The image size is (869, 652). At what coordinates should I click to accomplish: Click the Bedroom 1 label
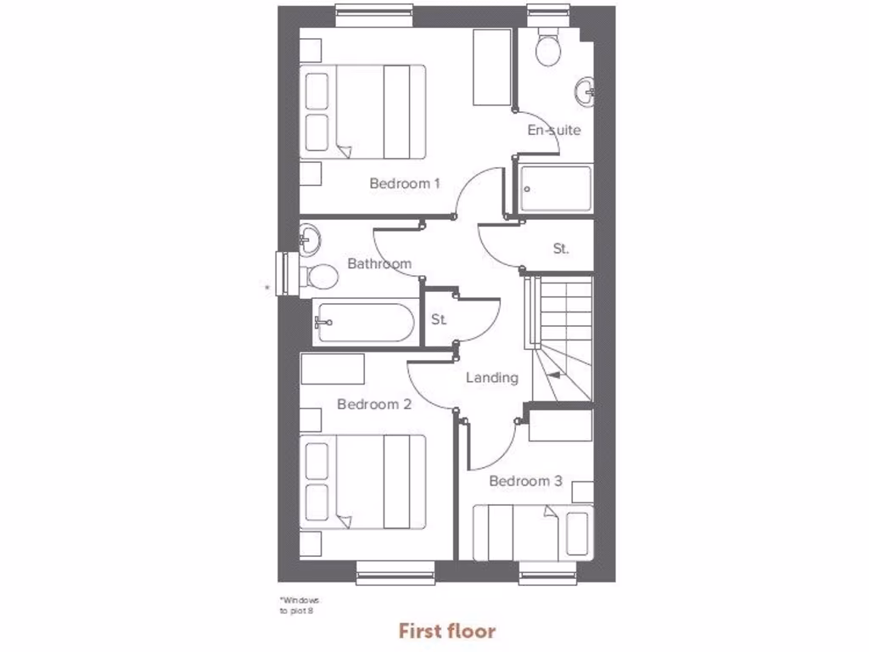click(404, 183)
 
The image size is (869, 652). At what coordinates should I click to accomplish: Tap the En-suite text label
click(554, 131)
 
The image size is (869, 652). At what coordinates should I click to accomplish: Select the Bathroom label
click(379, 264)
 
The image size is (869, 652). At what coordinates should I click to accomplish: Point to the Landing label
click(492, 378)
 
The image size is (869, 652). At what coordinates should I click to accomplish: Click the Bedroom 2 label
click(374, 405)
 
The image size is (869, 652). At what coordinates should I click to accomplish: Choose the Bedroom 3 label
click(525, 481)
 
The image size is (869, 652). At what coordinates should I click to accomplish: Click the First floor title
click(447, 631)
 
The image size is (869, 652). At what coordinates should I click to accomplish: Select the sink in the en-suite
click(585, 91)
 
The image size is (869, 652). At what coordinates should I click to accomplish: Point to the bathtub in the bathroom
click(364, 323)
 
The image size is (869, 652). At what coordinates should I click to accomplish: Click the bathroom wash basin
click(309, 239)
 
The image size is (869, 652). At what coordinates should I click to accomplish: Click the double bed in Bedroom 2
click(363, 481)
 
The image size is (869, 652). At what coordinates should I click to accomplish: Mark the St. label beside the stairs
click(561, 250)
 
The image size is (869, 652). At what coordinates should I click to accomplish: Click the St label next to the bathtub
click(439, 320)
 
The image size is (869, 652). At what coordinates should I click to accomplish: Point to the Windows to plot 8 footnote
click(300, 604)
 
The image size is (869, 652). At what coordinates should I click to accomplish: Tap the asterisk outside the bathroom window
click(268, 288)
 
